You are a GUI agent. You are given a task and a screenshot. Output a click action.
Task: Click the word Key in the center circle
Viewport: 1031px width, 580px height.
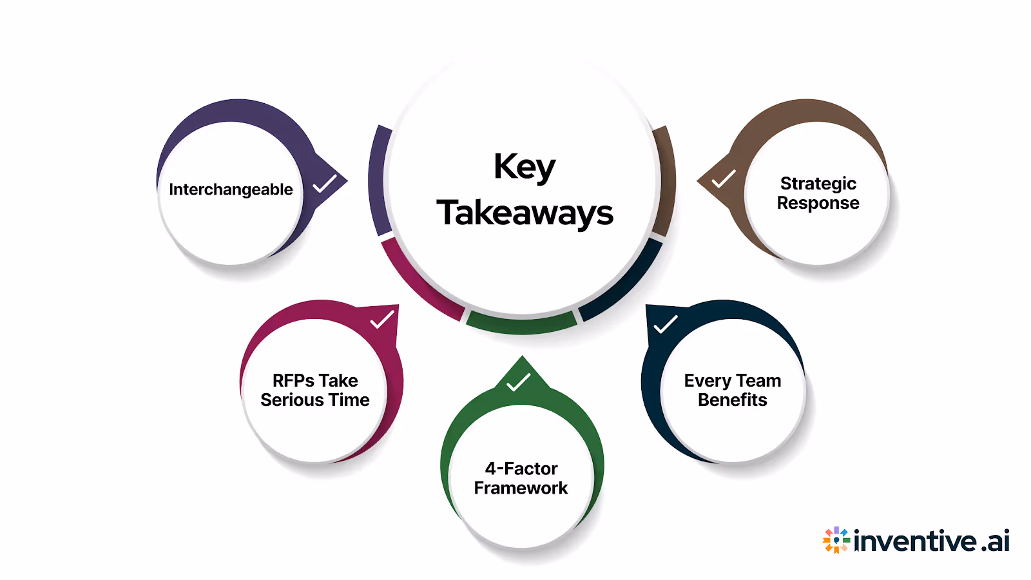524,168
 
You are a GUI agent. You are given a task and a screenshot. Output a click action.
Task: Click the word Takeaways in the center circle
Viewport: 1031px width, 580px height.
525,213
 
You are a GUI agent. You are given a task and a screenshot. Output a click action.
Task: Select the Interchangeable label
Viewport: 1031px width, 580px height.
231,189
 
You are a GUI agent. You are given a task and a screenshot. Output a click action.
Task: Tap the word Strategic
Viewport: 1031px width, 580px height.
818,184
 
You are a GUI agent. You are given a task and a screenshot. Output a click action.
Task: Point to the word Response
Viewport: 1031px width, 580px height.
818,203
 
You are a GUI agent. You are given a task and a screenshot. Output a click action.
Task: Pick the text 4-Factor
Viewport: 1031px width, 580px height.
521,469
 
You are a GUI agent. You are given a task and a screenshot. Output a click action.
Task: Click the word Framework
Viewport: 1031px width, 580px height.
521,488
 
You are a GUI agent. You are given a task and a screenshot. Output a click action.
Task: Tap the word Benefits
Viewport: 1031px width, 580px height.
732,400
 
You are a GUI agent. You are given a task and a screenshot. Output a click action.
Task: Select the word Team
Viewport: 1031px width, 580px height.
758,381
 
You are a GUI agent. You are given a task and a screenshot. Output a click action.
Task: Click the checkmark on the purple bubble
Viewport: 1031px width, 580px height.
324,184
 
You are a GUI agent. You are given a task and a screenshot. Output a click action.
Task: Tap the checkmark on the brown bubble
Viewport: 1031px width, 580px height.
723,179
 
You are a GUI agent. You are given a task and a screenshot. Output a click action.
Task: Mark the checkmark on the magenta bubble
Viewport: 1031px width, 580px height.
382,320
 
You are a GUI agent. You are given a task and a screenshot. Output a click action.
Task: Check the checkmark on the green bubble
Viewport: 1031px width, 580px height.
518,382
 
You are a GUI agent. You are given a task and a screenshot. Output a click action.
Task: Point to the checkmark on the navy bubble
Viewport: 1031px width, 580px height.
665,324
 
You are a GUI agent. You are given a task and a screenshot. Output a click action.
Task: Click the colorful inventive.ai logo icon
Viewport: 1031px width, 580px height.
836,540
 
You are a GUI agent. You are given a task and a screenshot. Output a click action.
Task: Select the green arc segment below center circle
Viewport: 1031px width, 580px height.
521,324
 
